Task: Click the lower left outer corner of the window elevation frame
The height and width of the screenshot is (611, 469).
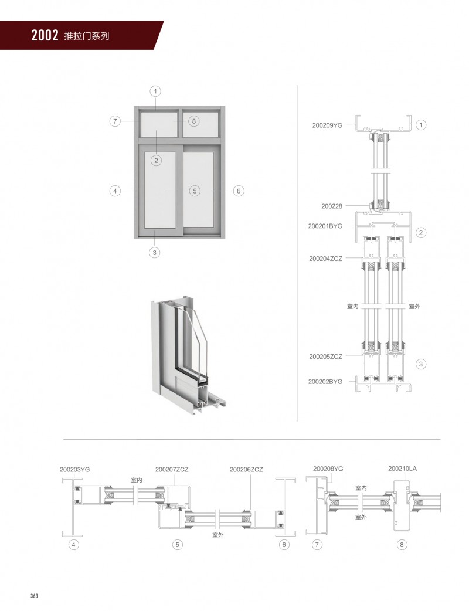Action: (134, 239)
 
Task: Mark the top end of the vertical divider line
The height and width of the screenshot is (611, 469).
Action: (297, 86)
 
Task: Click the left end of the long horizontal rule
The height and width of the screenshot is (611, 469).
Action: (63, 440)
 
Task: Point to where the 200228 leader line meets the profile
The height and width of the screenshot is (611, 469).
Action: (369, 206)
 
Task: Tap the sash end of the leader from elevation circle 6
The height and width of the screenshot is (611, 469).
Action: (213, 191)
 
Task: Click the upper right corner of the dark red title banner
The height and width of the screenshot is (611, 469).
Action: (164, 21)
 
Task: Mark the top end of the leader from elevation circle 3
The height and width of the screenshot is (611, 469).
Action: (154, 231)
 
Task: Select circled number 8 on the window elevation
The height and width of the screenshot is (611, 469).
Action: (194, 121)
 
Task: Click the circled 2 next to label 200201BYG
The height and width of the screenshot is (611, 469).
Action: (421, 233)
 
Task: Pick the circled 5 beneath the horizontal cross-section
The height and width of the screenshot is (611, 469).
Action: (177, 545)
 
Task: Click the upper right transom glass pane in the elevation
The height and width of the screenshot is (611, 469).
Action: (200, 124)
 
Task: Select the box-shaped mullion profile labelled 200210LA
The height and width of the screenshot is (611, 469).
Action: (402, 506)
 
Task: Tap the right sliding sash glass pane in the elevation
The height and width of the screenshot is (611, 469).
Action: (199, 190)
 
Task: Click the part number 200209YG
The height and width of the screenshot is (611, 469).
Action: (327, 125)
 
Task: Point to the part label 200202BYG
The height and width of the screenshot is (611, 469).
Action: (325, 382)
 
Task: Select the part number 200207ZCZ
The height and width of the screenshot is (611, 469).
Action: (172, 470)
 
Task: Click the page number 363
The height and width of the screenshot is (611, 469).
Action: (34, 596)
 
